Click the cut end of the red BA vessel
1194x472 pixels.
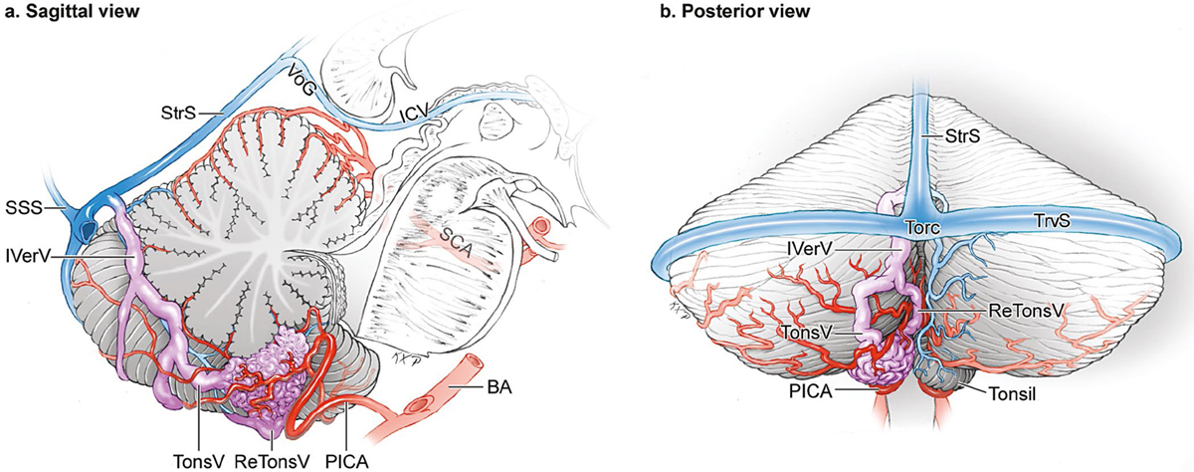(x=471, y=361)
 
